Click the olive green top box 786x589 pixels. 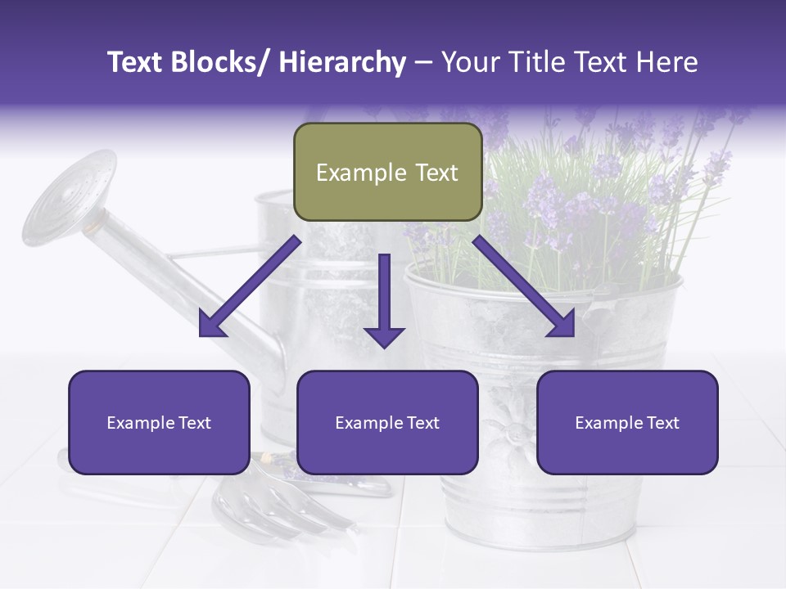click(387, 172)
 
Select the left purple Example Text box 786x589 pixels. click(159, 422)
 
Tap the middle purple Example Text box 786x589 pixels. click(387, 422)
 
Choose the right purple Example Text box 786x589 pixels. click(627, 422)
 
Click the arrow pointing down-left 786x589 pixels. click(250, 286)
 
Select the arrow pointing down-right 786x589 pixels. click(524, 286)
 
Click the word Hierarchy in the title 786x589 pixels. click(342, 62)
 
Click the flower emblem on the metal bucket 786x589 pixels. click(504, 425)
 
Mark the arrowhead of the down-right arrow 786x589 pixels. click(563, 326)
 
